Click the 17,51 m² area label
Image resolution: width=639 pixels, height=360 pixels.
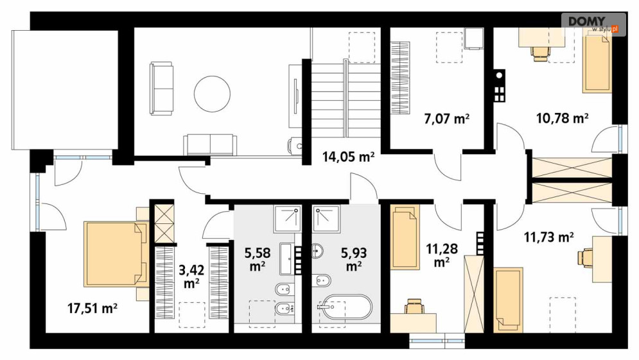pyautogui.click(x=92, y=308)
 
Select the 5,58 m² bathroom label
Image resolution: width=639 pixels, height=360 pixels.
pyautogui.click(x=258, y=259)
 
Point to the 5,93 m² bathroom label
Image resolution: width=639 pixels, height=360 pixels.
pyautogui.click(x=354, y=259)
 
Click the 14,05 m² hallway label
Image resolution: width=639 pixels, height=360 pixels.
pyautogui.click(x=349, y=157)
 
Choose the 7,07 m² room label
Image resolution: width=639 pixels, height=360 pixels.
pyautogui.click(x=446, y=119)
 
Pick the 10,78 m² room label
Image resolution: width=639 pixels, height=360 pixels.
pyautogui.click(x=563, y=118)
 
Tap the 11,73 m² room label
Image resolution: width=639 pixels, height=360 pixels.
pyautogui.click(x=549, y=237)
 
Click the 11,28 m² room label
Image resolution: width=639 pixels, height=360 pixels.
pyautogui.click(x=442, y=255)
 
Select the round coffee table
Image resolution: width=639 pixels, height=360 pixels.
pyautogui.click(x=212, y=94)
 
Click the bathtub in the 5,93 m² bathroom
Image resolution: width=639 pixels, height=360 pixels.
pyautogui.click(x=345, y=307)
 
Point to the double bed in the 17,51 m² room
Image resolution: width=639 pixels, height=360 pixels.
pyautogui.click(x=116, y=254)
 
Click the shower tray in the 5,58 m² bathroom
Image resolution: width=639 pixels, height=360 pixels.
pyautogui.click(x=287, y=219)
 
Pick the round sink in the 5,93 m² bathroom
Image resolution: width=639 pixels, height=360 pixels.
pyautogui.click(x=317, y=250)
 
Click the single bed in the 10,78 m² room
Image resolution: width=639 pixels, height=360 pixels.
pyautogui.click(x=597, y=64)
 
